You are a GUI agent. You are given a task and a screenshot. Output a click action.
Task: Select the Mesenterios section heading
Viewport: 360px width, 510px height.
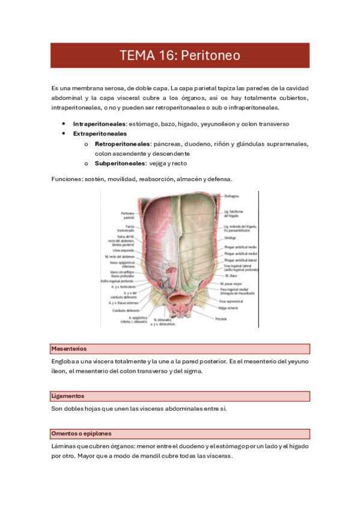pos(69,348)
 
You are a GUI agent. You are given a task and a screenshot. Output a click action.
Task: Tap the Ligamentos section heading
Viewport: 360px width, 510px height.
pos(68,396)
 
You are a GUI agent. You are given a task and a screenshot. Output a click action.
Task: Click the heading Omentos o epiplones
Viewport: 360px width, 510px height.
pos(82,433)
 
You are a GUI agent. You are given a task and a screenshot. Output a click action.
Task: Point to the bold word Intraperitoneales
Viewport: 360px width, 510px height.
pos(99,123)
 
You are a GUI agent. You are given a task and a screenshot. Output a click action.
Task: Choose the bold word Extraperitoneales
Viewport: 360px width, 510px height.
pos(100,134)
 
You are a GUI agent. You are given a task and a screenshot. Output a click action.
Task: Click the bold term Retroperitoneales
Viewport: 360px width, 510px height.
pos(123,144)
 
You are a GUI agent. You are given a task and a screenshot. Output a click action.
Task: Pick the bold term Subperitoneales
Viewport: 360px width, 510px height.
pos(120,163)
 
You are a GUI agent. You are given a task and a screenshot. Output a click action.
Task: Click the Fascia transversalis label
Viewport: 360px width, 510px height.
pos(126,230)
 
